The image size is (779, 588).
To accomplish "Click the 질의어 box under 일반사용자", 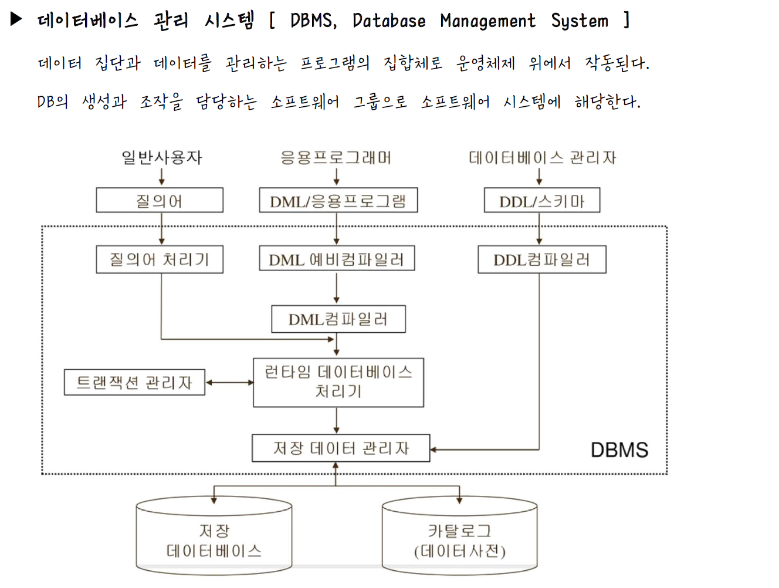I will click(160, 201).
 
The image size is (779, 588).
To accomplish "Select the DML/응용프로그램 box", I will click(338, 201).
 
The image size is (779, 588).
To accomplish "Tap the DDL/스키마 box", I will click(541, 201).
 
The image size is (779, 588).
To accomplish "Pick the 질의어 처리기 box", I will click(160, 259).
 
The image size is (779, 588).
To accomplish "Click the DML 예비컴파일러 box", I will click(337, 259).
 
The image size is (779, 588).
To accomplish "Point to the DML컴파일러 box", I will click(338, 319).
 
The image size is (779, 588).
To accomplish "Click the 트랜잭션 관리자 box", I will click(134, 383).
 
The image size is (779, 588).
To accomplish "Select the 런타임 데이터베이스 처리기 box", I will click(338, 382).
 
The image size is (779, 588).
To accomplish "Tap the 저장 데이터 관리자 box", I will click(340, 448).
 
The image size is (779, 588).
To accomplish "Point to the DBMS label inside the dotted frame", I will click(619, 450).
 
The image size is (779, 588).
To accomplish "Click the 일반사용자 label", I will click(161, 157).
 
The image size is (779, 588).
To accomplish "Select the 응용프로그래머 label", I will click(336, 157).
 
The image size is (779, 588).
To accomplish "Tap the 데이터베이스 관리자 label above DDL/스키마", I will click(542, 157).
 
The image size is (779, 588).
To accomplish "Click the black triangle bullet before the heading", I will click(16, 19).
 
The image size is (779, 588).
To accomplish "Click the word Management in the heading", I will click(487, 21).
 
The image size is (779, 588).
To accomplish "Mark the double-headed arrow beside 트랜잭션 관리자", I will click(229, 383).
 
